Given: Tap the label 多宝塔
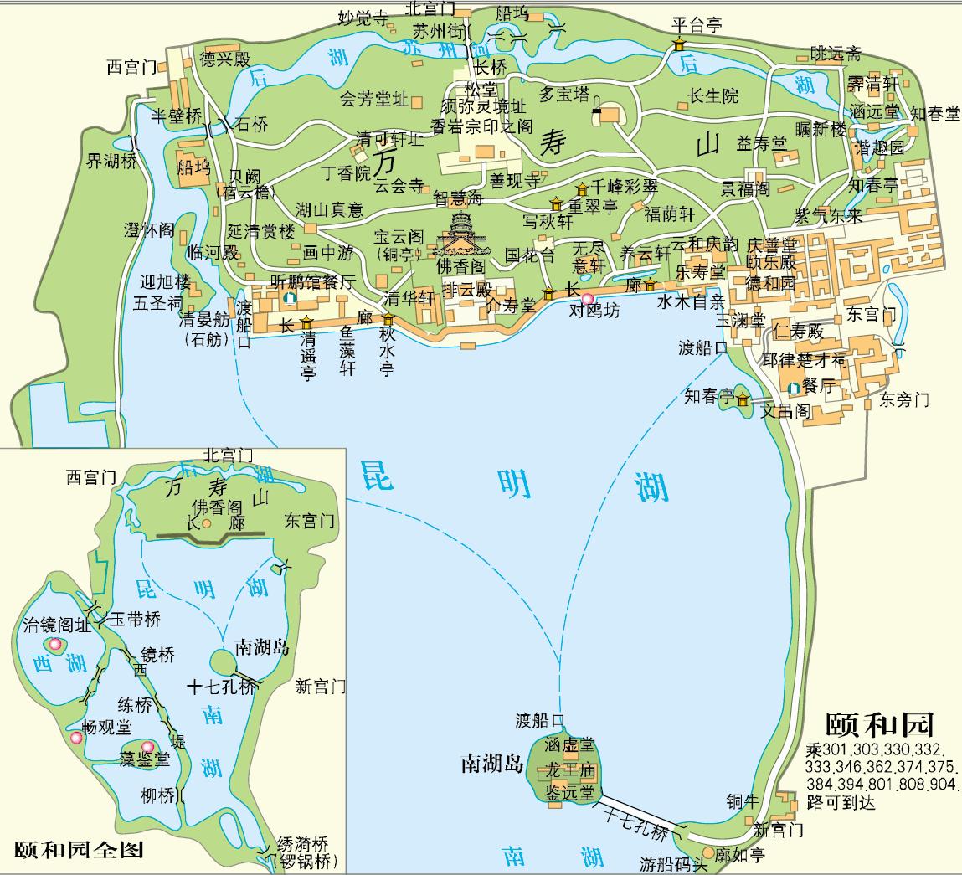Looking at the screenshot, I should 563,94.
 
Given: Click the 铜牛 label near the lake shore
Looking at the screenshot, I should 743,800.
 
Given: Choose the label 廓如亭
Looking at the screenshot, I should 739,854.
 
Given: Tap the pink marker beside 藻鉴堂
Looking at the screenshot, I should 148,747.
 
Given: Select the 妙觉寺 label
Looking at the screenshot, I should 362,17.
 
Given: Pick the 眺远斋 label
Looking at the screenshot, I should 835,54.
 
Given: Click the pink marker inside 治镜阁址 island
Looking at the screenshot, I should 55,644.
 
